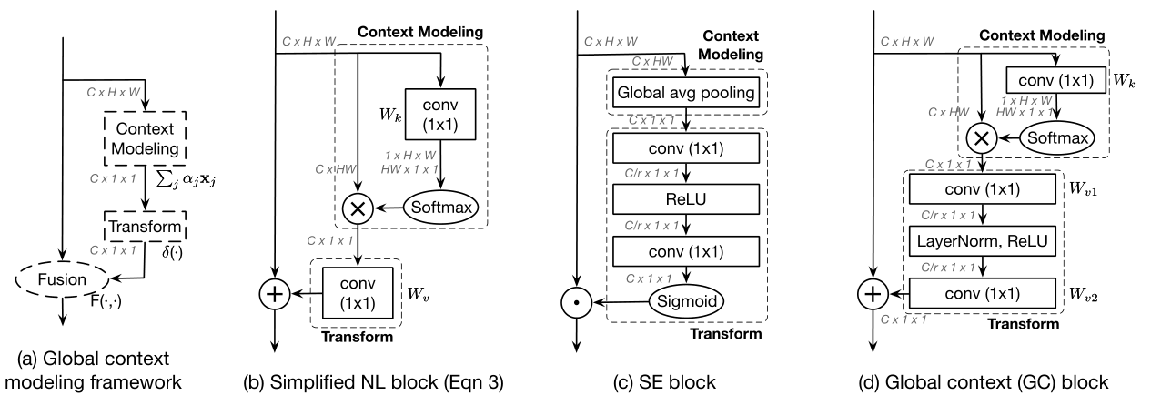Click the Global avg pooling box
coord(686,94)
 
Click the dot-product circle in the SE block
coord(575,298)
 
